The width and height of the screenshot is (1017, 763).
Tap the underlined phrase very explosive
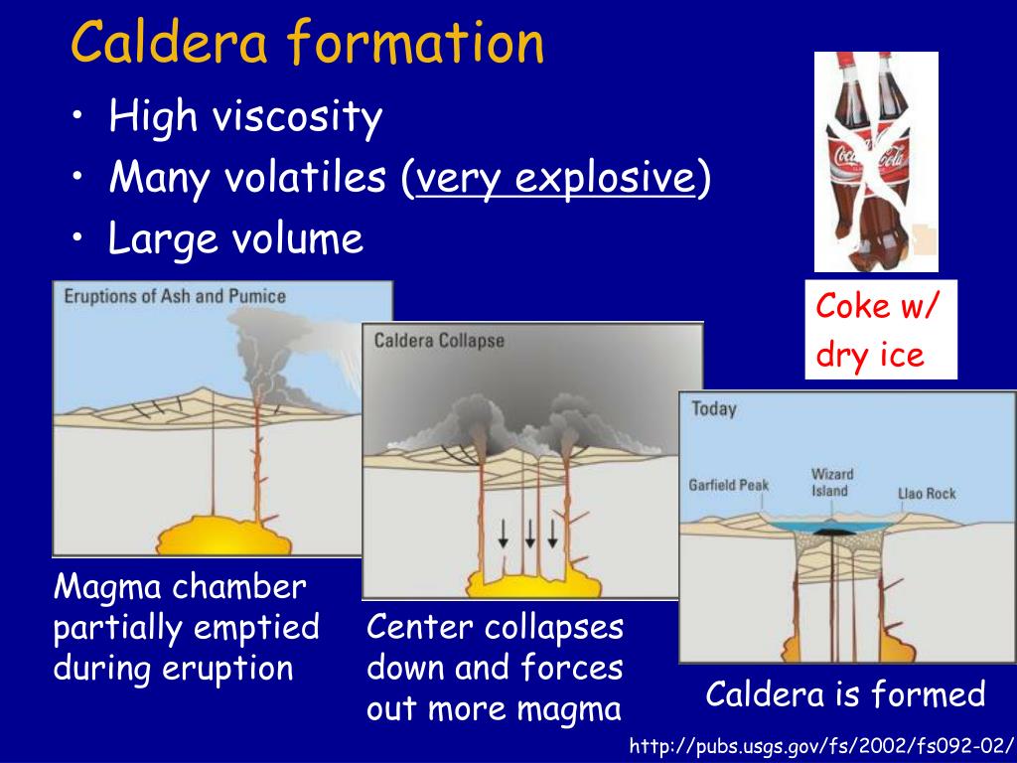coord(554,179)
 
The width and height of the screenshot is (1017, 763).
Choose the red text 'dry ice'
coord(870,355)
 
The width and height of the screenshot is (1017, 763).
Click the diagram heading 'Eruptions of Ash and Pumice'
coord(175,296)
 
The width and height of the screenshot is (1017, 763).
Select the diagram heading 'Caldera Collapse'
coord(438,341)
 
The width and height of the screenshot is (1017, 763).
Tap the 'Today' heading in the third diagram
coord(713,408)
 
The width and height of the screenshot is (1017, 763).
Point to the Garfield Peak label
coord(728,486)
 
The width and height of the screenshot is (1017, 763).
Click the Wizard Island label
coord(831,482)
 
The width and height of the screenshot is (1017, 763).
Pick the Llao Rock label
coord(926,493)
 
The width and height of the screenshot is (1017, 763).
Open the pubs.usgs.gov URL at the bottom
coord(822,746)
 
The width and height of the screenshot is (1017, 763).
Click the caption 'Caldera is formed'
coord(845,694)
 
